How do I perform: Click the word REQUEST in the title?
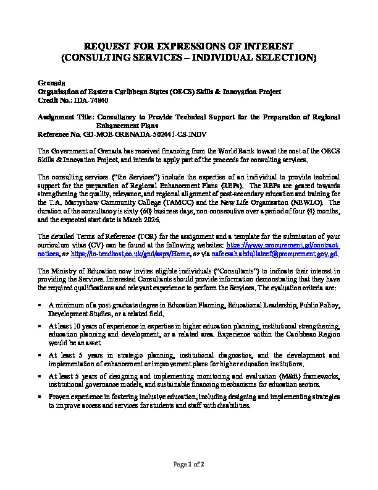106,46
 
